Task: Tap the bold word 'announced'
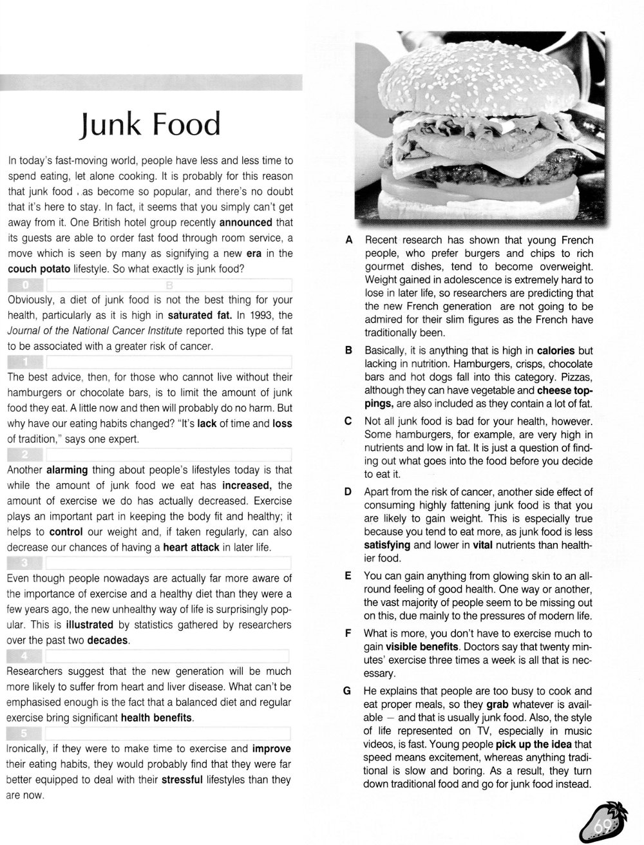pos(246,223)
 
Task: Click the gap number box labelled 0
pos(24,285)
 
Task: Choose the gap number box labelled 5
pos(24,733)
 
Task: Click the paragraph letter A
pos(348,240)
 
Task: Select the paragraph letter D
pos(348,491)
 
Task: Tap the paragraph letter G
pos(348,691)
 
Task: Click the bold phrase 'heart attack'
pos(191,547)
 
